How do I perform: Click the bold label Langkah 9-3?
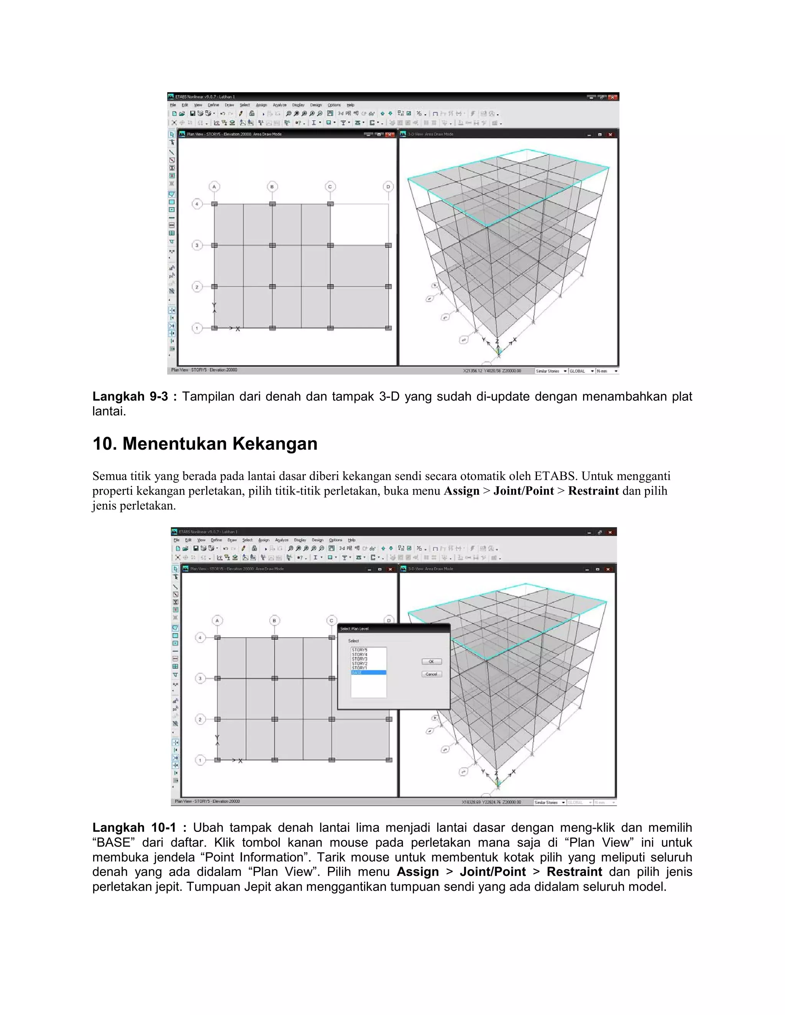[x=130, y=396]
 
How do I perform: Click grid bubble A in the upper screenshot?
[x=214, y=187]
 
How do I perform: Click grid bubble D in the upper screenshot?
[x=388, y=187]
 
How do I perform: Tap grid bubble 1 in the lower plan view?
[x=200, y=760]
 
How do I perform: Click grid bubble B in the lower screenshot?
[x=274, y=620]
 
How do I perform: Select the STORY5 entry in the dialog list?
[x=360, y=650]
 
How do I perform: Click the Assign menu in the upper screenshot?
[x=261, y=105]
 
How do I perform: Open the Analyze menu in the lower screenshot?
[x=282, y=540]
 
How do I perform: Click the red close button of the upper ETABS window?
[x=613, y=97]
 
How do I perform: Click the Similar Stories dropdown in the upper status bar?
[x=552, y=371]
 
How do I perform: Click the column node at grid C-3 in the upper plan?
[x=330, y=246]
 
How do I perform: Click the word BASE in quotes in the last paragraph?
[x=113, y=843]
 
